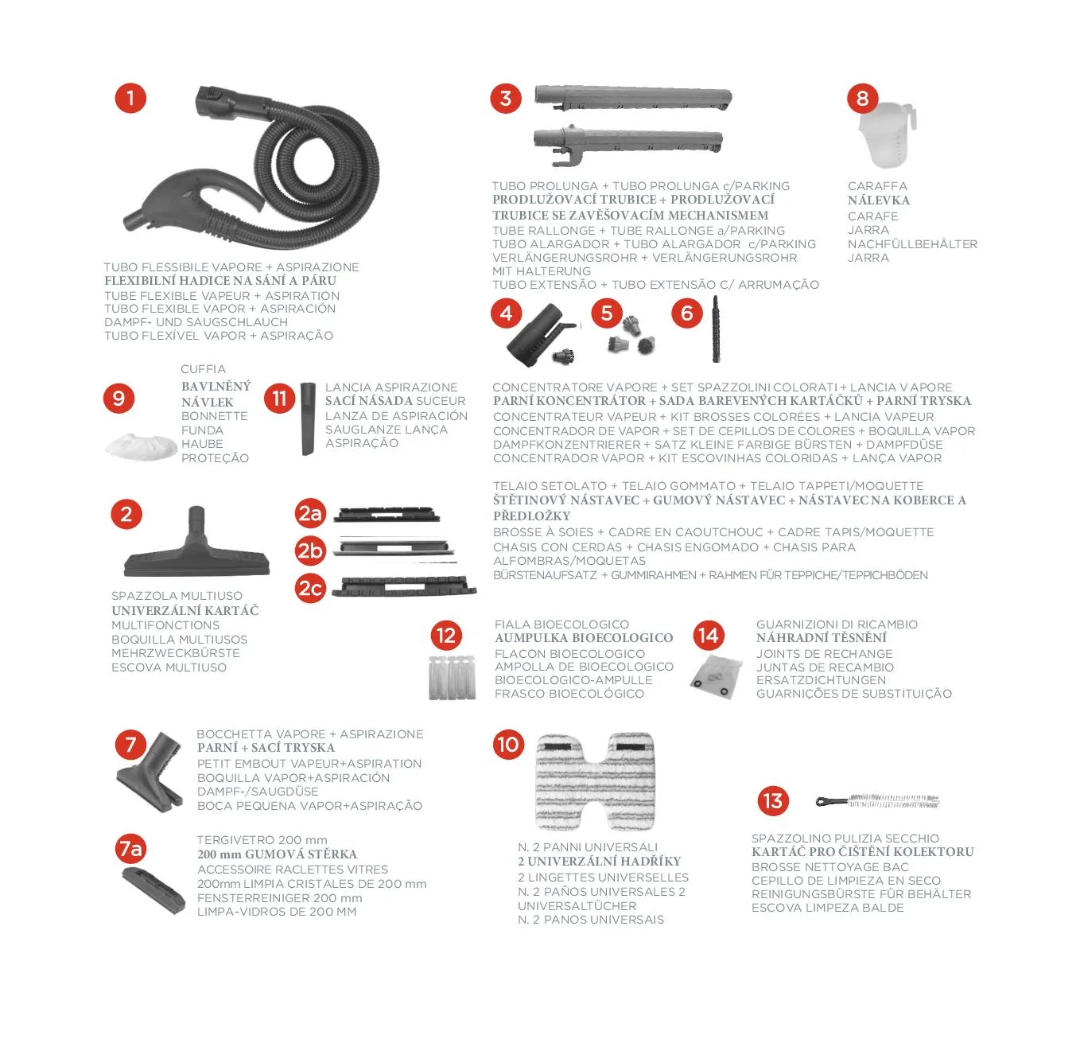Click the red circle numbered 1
(130, 99)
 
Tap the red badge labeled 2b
(309, 551)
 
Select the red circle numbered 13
(773, 801)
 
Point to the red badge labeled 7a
(131, 849)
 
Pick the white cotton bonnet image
(142, 446)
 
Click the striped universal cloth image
(596, 781)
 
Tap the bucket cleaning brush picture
(877, 801)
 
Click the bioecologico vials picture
(453, 678)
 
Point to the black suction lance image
(308, 418)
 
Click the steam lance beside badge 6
(716, 329)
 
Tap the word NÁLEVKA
(879, 200)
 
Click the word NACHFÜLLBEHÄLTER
(912, 243)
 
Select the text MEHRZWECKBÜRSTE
(176, 653)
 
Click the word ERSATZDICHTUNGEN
(821, 679)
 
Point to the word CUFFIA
(203, 369)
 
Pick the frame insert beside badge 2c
(404, 587)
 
